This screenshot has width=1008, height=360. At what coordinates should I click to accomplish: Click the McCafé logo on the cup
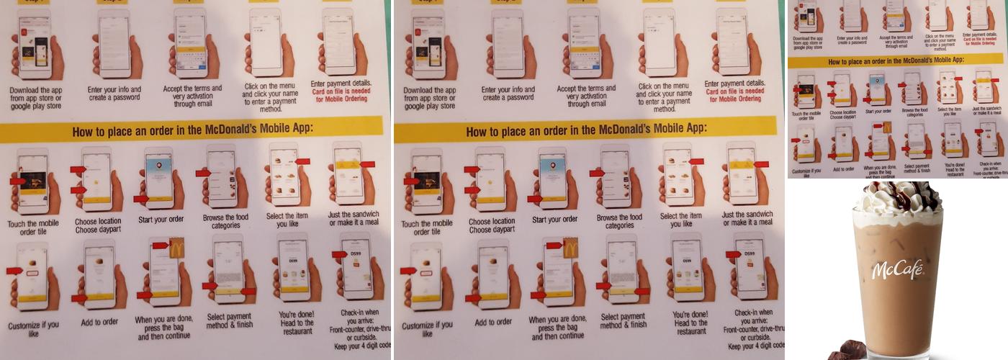coord(897,270)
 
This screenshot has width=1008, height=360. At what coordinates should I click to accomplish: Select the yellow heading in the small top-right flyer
coord(896,63)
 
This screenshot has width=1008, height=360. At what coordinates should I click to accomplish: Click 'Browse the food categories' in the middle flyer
coord(619,221)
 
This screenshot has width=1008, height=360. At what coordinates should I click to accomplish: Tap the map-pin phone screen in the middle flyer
coord(552,173)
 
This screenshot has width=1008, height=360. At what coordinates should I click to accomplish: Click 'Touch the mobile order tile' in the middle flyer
coord(427,228)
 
